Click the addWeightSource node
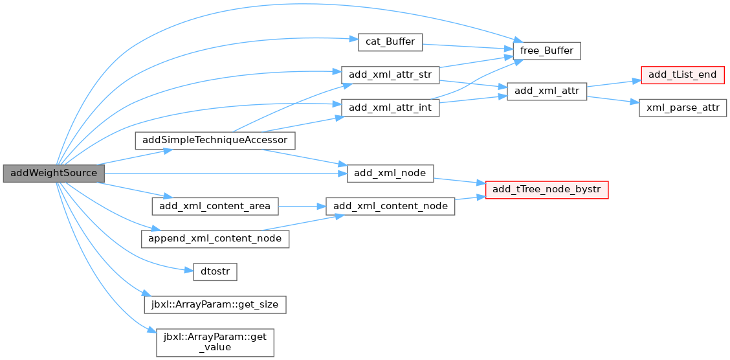click(x=54, y=174)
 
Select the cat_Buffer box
click(x=390, y=42)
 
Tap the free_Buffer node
click(x=547, y=51)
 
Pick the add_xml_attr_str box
click(x=390, y=75)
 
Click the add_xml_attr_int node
click(x=390, y=107)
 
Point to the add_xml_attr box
click(x=547, y=92)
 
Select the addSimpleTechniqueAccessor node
click(x=215, y=141)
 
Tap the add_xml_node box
click(x=390, y=174)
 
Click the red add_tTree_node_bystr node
click(x=547, y=190)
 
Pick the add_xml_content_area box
click(x=215, y=206)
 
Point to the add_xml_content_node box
click(x=390, y=206)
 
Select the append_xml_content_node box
click(x=215, y=238)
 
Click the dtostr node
click(x=215, y=271)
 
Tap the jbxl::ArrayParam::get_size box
click(x=215, y=304)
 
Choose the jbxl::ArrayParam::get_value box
click(x=215, y=343)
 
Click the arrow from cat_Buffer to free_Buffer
click(x=467, y=47)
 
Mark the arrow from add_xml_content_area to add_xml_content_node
click(x=302, y=206)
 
